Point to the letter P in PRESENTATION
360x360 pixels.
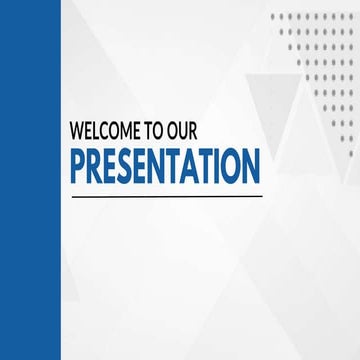(x=78, y=166)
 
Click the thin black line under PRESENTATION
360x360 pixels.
(x=165, y=195)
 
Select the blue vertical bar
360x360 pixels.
(x=30, y=180)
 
